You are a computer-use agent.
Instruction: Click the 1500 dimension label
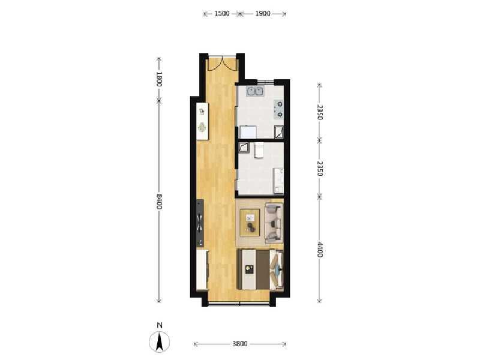click(x=222, y=13)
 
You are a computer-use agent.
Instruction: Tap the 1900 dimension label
click(x=263, y=13)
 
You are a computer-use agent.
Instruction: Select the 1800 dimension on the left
click(x=158, y=79)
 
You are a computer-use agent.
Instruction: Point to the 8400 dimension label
click(x=158, y=201)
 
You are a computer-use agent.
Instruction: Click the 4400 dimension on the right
click(x=320, y=250)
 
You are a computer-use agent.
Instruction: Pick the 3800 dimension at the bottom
click(x=239, y=344)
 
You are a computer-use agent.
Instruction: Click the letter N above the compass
click(x=159, y=325)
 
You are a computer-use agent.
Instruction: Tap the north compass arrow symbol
click(x=159, y=341)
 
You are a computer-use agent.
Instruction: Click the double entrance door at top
click(x=222, y=64)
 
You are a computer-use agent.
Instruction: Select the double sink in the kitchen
click(x=256, y=91)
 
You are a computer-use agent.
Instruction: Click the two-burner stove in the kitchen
click(x=279, y=110)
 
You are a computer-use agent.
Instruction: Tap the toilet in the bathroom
click(x=259, y=151)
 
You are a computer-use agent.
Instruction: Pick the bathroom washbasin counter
click(x=279, y=181)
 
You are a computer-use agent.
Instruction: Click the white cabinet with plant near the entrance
click(x=202, y=121)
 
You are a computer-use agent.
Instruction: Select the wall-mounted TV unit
click(x=200, y=223)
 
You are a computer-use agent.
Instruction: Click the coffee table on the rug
click(x=250, y=223)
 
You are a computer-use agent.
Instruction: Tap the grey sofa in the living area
click(x=274, y=222)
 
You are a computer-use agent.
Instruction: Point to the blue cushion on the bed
click(x=277, y=269)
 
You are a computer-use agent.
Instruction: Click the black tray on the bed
click(x=250, y=269)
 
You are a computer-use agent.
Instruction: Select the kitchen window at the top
click(x=266, y=81)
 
